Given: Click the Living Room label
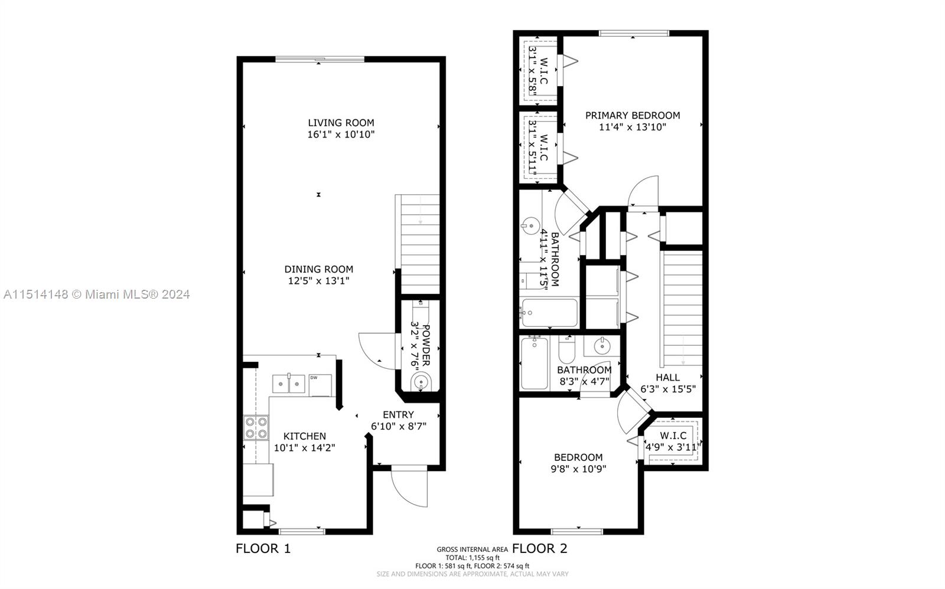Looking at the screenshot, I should tap(341, 123).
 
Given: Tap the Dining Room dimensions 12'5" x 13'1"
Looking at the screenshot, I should tap(318, 281).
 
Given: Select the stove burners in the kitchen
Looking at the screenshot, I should tap(256, 428).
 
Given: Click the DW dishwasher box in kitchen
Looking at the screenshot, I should tap(320, 385).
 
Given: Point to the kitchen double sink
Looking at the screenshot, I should tap(288, 384).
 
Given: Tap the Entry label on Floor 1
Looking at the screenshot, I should tap(398, 414).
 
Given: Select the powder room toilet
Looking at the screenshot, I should tap(421, 382).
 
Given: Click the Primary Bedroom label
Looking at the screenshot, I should tap(633, 115).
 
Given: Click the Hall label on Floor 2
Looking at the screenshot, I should tap(667, 377).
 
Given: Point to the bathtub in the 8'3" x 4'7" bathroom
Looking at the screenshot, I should tap(535, 364).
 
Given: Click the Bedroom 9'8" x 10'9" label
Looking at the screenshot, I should tap(578, 457).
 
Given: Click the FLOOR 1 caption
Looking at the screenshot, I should tap(263, 548).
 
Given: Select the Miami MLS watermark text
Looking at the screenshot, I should tap(97, 294).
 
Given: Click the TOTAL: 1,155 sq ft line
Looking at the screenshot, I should tap(472, 557).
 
